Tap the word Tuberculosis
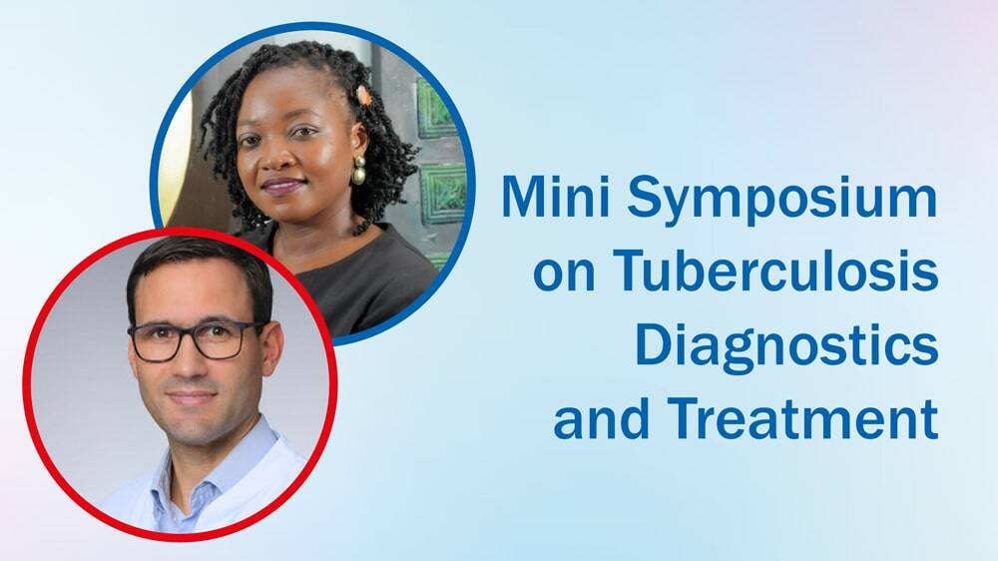pyautogui.click(x=775, y=270)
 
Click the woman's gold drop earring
pyautogui.click(x=359, y=170)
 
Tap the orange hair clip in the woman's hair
pyautogui.click(x=363, y=96)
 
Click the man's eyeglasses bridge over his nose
pyautogui.click(x=189, y=334)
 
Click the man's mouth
pyautogui.click(x=191, y=398)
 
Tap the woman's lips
pyautogui.click(x=282, y=187)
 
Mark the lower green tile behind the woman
pyautogui.click(x=443, y=194)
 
